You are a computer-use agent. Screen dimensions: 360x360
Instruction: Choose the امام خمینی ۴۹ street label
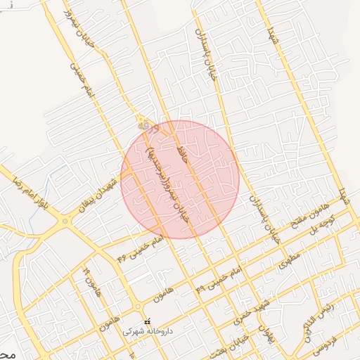coord(218,278)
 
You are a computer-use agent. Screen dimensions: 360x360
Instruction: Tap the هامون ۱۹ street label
coord(90,281)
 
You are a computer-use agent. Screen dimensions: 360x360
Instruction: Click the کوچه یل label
coord(326,224)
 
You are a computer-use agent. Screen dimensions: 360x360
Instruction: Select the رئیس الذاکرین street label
coord(318,318)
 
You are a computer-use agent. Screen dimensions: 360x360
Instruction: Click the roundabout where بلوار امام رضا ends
coord(65,222)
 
